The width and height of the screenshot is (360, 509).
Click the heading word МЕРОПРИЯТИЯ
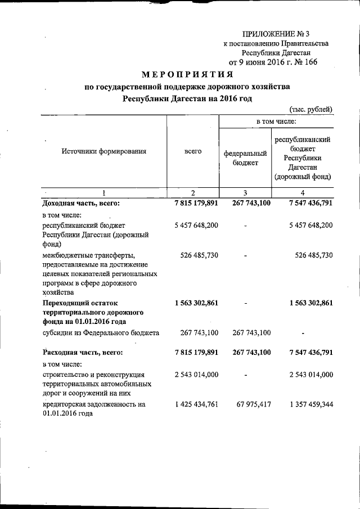pos(187,74)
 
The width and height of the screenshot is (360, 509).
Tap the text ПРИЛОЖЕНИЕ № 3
pos(274,33)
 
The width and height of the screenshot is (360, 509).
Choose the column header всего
pos(192,151)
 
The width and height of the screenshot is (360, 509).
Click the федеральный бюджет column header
pos(245,157)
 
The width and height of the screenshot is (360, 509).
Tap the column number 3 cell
pos(245,192)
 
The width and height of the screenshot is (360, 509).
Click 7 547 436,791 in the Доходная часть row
pos(303,203)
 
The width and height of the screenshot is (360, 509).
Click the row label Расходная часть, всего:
pos(82,353)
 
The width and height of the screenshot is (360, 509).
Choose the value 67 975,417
pos(249,404)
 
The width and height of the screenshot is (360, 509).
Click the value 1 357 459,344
pos(303,404)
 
